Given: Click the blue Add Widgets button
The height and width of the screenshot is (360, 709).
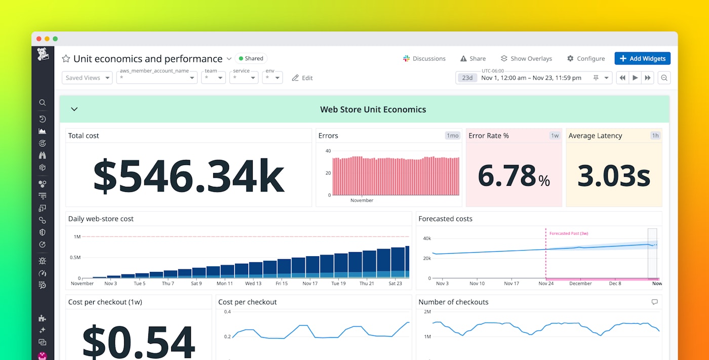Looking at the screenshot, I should coord(642,59).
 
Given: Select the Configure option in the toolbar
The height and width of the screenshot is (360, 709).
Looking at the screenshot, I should coord(586,59).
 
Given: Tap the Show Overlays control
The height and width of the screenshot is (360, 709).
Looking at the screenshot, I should coord(526,59).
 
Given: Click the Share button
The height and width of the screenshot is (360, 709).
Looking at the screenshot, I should coord(472,59).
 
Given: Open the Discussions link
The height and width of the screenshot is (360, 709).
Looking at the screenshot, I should coord(424,59).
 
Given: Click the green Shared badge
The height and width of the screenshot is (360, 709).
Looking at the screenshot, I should coord(251,58).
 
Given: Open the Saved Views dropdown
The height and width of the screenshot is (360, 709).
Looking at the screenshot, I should coord(87,78).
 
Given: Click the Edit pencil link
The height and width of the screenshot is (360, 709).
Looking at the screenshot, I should coord(302,78).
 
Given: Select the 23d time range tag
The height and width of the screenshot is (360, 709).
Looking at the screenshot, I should coord(467,78).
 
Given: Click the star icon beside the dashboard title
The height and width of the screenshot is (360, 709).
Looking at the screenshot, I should coord(66,59).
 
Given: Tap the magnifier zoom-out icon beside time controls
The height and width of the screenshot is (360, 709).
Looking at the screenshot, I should coord(664,78).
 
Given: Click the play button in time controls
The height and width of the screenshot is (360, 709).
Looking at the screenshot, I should coord(635,78).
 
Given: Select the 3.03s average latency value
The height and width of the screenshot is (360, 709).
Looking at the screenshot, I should coord(613,176).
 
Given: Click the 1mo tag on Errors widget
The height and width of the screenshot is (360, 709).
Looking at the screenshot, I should coord(452,136).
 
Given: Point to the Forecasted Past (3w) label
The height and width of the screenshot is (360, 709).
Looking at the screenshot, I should coord(568,233).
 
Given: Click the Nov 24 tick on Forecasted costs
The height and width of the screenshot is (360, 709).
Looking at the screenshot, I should coord(546,284).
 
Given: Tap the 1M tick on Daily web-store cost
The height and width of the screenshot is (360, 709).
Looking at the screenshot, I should coord(77,236).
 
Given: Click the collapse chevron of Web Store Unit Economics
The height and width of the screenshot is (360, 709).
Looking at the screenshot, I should coord(74,109).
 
